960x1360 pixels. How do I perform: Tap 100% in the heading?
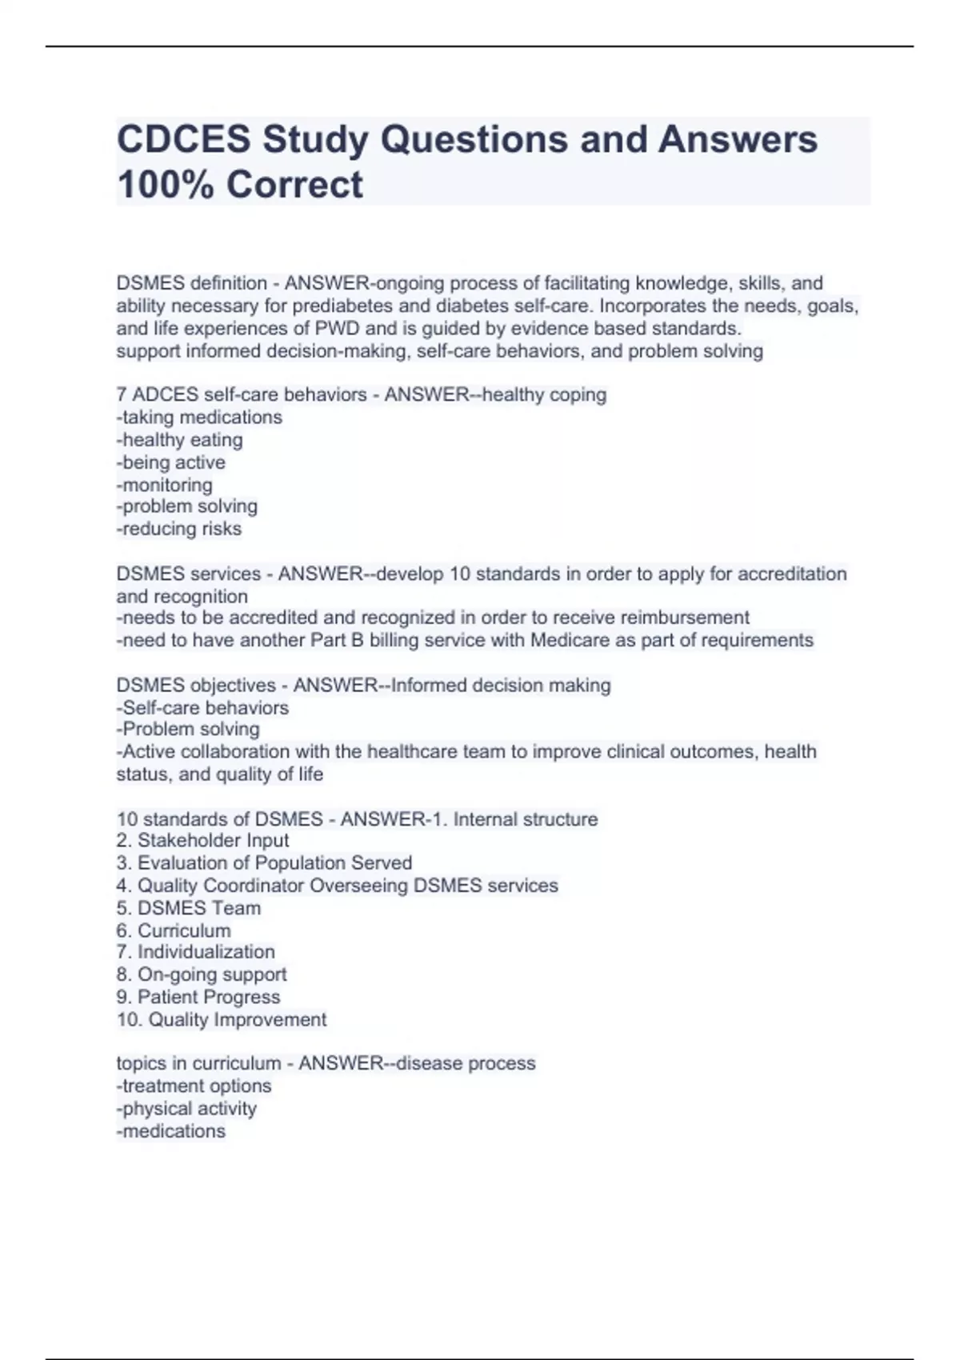tap(164, 184)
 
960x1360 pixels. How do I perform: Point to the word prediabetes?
tap(360, 306)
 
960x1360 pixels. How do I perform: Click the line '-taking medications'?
tap(199, 418)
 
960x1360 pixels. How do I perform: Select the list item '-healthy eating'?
tap(179, 440)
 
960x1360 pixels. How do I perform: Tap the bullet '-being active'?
tap(170, 462)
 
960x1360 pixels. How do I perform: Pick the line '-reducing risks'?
tap(178, 529)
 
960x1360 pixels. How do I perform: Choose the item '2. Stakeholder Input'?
tap(202, 841)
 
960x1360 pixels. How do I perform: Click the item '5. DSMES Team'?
tap(188, 908)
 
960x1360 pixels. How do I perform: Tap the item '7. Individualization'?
tap(195, 952)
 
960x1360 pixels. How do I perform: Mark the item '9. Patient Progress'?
tap(198, 997)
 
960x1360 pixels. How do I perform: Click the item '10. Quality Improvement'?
tap(221, 1020)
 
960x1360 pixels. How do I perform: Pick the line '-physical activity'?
tap(186, 1109)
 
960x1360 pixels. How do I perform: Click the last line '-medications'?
tap(170, 1131)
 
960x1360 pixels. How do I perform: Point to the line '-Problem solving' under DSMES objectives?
tap(188, 730)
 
